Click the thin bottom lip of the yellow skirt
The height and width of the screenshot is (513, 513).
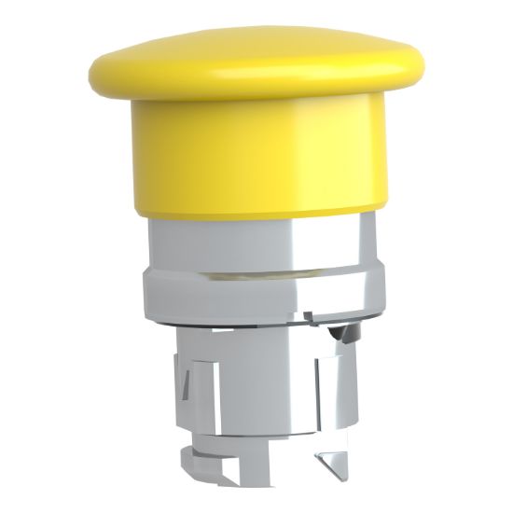click(256, 213)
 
